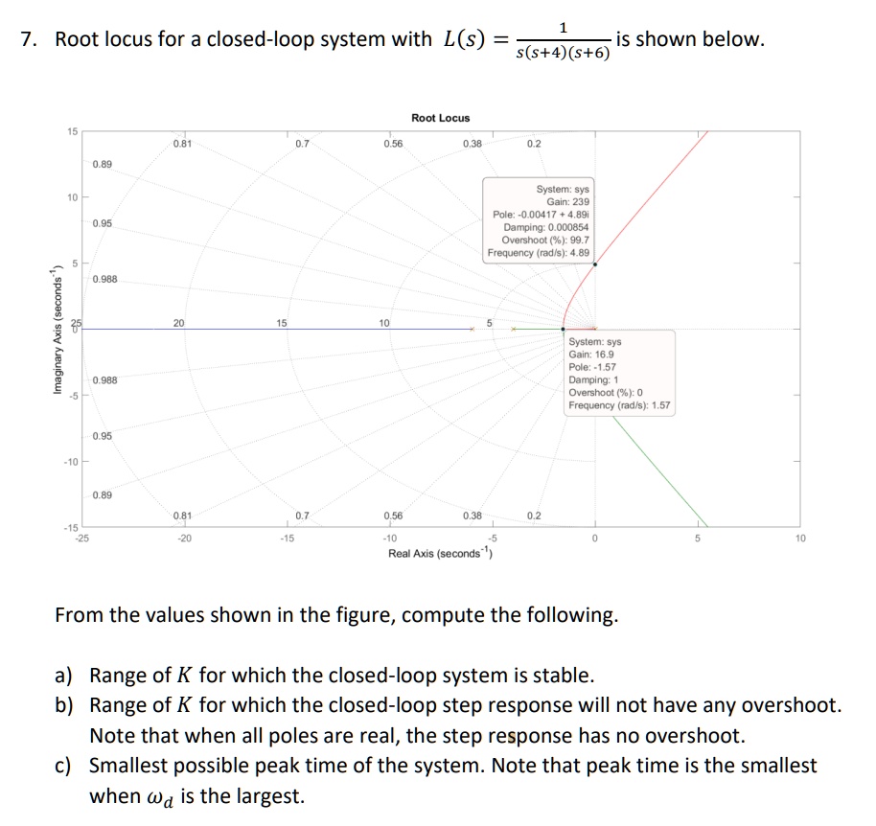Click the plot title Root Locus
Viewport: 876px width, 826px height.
click(440, 118)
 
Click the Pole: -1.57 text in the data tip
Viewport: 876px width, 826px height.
click(591, 367)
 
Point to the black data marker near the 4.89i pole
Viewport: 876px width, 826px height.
click(595, 264)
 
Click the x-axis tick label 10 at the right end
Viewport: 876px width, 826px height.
click(801, 539)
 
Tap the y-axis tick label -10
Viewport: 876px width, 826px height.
click(70, 462)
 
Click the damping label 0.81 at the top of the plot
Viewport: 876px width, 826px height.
click(181, 144)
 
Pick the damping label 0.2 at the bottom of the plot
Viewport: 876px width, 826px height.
click(534, 516)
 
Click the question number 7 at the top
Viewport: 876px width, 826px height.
click(27, 40)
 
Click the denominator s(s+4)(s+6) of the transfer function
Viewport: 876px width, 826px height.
click(563, 52)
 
